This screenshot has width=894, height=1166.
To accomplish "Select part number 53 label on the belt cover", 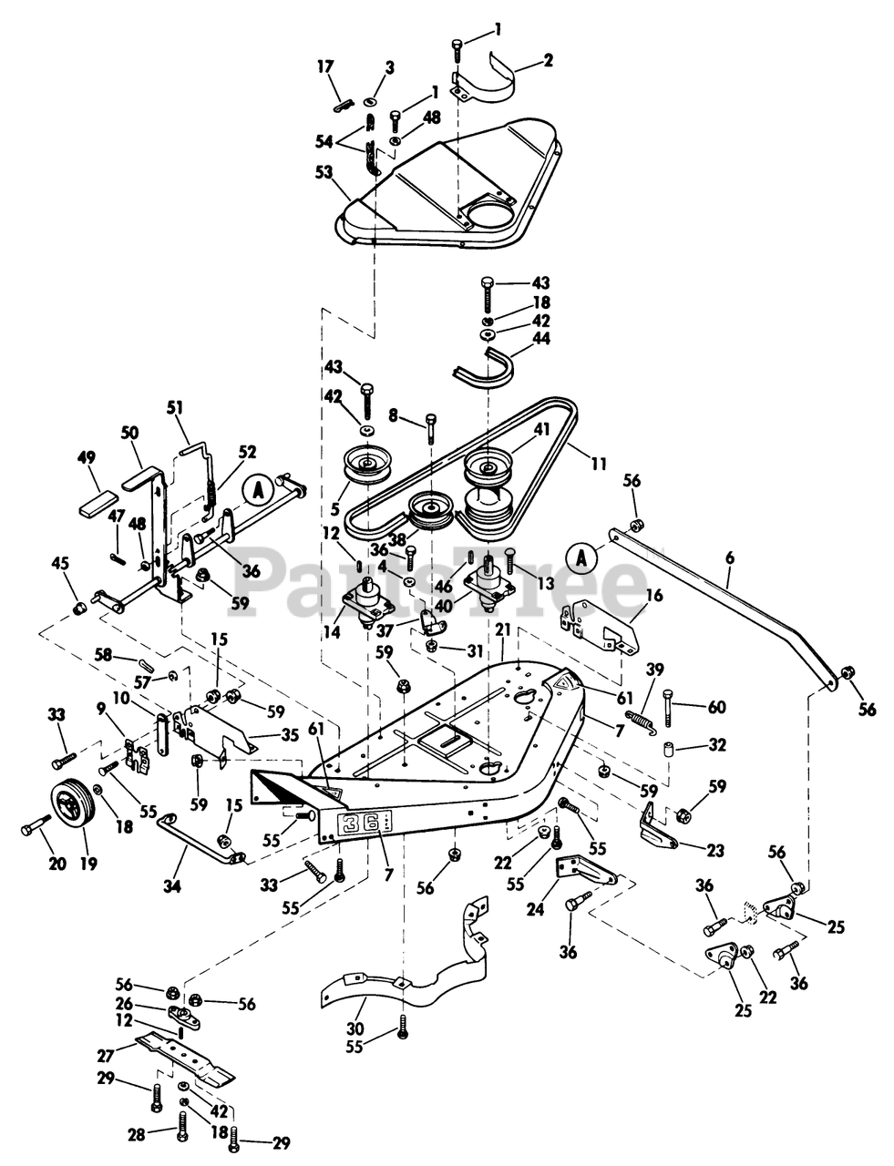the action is (324, 173).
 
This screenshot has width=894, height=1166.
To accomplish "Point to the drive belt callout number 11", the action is (599, 463).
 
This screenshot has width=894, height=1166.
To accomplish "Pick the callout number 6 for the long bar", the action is (729, 558).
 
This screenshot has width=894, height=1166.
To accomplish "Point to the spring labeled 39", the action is (641, 719).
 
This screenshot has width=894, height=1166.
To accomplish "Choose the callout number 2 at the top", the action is (548, 59).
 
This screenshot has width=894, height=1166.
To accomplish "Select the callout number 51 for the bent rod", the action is (176, 408).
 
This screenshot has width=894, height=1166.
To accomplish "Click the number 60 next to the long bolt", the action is (716, 707).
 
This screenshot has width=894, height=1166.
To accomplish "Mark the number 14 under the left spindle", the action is (333, 632).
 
